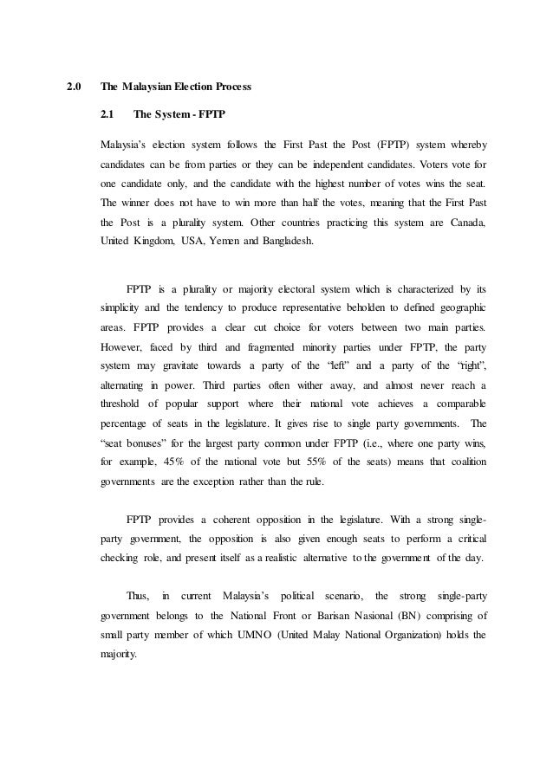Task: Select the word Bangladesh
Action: tap(290, 244)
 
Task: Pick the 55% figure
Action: tap(321, 464)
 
